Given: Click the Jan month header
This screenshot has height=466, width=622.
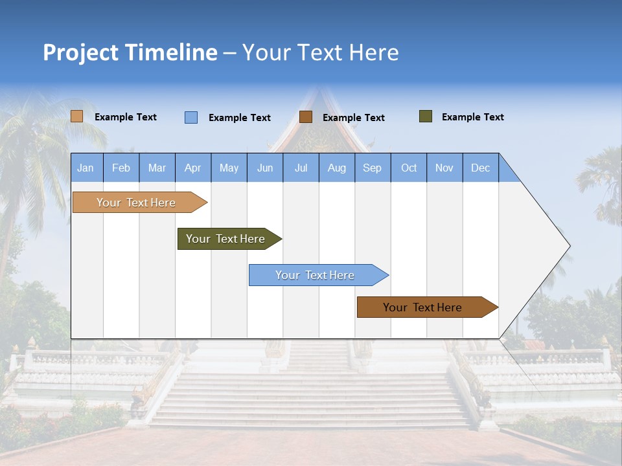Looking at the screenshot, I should click(x=86, y=168).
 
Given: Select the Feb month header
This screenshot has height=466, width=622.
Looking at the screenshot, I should click(x=121, y=168).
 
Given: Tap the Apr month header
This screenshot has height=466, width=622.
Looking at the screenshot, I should click(x=192, y=168).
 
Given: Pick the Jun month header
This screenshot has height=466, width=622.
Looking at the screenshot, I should click(x=265, y=168).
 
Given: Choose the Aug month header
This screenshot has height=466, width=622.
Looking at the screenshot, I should click(x=336, y=168).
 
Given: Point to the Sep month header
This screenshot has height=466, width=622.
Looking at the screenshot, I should click(x=372, y=168).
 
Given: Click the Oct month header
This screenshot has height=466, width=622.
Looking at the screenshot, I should click(x=409, y=168).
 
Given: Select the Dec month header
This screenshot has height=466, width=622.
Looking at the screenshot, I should click(x=480, y=168).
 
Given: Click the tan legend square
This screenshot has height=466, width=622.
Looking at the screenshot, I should click(x=77, y=116).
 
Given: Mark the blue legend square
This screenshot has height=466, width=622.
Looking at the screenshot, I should click(x=191, y=117).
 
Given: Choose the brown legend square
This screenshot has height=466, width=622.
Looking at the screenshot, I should click(x=306, y=117).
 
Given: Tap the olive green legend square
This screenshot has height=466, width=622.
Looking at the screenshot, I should click(x=426, y=116).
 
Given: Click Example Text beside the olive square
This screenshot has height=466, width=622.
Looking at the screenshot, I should click(x=472, y=117).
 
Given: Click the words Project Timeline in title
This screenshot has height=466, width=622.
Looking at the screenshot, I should click(x=130, y=52).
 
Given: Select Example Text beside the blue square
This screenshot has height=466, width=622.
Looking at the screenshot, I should click(x=239, y=118).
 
